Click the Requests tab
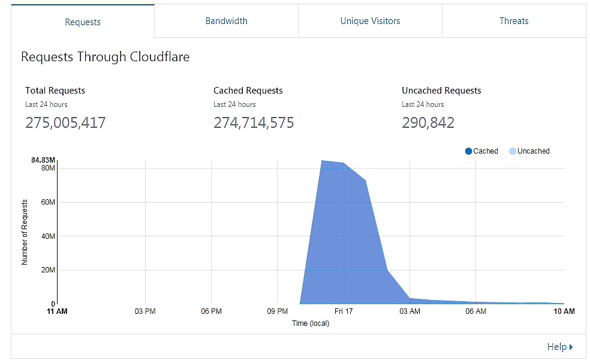click(83, 22)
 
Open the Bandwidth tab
click(226, 21)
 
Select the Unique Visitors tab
click(370, 21)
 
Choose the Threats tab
click(514, 21)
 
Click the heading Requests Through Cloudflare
click(105, 57)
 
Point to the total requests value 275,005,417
click(65, 123)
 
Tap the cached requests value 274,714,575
click(254, 123)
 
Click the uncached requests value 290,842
click(428, 123)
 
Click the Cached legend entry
click(481, 151)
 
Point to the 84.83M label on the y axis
click(44, 160)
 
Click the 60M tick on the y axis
click(48, 202)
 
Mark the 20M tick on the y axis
click(48, 270)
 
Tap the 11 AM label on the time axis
click(57, 311)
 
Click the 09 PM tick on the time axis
click(276, 311)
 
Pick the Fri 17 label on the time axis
click(344, 311)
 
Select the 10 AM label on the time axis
click(564, 311)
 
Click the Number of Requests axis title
click(25, 232)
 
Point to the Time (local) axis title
click(310, 323)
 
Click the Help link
click(559, 347)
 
